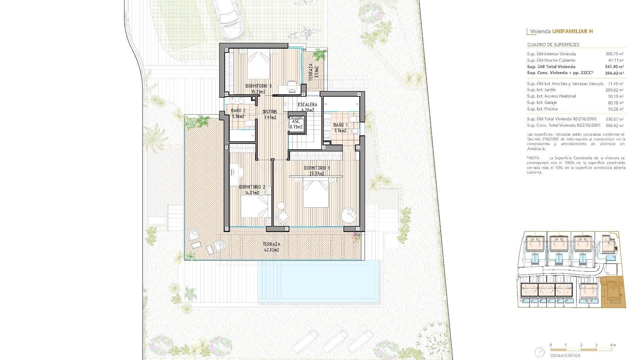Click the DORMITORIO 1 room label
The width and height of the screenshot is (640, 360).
click(317, 168)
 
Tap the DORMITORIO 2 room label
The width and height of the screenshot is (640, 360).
click(252, 187)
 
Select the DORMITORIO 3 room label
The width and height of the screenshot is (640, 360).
click(258, 86)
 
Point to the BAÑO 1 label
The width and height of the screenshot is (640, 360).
click(340, 125)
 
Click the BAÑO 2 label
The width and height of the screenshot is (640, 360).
click(238, 111)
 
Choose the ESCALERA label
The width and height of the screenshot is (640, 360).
click(307, 105)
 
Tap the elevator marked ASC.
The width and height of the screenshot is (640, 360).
click(296, 124)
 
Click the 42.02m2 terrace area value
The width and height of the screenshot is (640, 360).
click(271, 250)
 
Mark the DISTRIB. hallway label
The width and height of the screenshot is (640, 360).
click(270, 112)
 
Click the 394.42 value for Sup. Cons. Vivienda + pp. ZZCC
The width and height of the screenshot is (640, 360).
click(614, 73)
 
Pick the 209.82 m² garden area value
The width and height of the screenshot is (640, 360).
click(614, 90)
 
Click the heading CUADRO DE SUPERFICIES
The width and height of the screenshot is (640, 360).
click(553, 45)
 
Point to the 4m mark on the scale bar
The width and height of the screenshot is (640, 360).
click(613, 345)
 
